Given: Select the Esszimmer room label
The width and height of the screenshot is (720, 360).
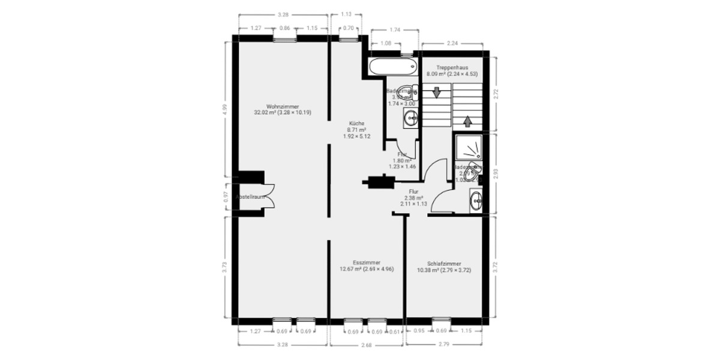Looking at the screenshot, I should click(x=366, y=262).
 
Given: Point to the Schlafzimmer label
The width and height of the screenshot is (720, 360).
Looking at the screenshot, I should click(x=444, y=263).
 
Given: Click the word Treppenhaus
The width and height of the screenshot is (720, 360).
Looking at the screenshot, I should click(x=452, y=68).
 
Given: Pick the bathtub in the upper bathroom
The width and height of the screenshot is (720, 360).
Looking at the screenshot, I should click(x=392, y=65).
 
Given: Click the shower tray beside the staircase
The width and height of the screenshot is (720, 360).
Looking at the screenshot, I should click(x=469, y=146).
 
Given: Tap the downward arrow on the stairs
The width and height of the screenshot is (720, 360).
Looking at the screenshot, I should click(x=437, y=93).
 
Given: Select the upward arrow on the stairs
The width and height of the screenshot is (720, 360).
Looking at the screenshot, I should click(x=467, y=121).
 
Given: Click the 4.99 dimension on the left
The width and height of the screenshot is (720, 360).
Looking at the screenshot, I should click(x=226, y=109).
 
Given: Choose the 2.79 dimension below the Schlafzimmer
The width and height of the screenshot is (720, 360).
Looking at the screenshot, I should click(x=445, y=344).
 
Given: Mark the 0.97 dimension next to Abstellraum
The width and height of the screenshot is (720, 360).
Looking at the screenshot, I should click(x=226, y=196).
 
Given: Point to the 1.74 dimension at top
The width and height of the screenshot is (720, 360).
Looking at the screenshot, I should click(x=395, y=29).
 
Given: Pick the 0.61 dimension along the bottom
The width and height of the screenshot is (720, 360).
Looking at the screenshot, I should click(x=394, y=332).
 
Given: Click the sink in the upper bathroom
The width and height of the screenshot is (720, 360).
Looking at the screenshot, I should click(x=410, y=118).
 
